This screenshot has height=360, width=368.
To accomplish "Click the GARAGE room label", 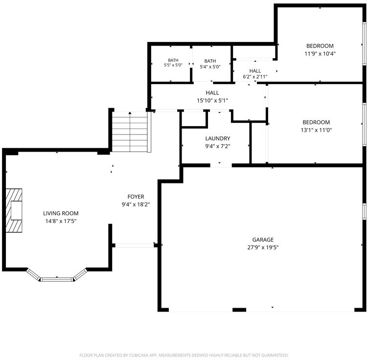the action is pyautogui.click(x=263, y=240).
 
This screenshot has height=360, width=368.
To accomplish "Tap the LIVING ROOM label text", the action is pyautogui.click(x=61, y=213).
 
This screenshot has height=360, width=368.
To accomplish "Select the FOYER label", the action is pyautogui.click(x=136, y=197).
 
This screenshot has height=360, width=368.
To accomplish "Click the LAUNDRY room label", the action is pyautogui.click(x=218, y=138).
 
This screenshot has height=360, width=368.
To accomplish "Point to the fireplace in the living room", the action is pyautogui.click(x=14, y=210).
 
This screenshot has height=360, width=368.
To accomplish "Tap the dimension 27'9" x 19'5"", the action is pyautogui.click(x=263, y=247).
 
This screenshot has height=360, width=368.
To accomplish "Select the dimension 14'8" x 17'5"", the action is pyautogui.click(x=61, y=221).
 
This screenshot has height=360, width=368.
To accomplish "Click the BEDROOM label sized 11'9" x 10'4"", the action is pyautogui.click(x=320, y=46).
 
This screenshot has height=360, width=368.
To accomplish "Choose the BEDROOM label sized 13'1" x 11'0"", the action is pyautogui.click(x=316, y=122).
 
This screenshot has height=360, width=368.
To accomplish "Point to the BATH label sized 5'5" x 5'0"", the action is pyautogui.click(x=173, y=60).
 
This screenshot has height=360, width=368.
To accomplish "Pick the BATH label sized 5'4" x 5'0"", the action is pyautogui.click(x=210, y=61).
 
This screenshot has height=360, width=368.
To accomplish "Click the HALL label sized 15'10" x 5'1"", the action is pyautogui.click(x=212, y=93).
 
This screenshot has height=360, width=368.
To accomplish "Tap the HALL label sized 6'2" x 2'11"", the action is pyautogui.click(x=255, y=71).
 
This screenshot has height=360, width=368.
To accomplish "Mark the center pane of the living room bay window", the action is pyautogui.click(x=57, y=279).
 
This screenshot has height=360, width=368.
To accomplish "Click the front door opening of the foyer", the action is pyautogui.click(x=135, y=246).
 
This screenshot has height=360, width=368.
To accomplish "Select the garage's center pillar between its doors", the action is pyautogui.click(x=239, y=310).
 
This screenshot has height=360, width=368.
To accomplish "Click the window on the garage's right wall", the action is pyautogui.click(x=364, y=211).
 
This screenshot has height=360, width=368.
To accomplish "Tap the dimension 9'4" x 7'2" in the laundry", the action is pyautogui.click(x=218, y=146).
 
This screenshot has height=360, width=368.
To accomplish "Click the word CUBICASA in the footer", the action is pyautogui.click(x=138, y=355).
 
